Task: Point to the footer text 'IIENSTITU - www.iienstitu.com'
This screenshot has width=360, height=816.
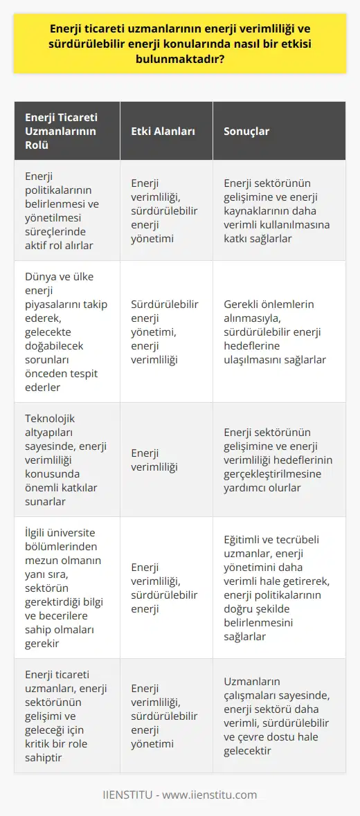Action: (180, 795)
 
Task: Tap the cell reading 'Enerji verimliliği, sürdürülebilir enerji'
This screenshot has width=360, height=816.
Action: (163, 588)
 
